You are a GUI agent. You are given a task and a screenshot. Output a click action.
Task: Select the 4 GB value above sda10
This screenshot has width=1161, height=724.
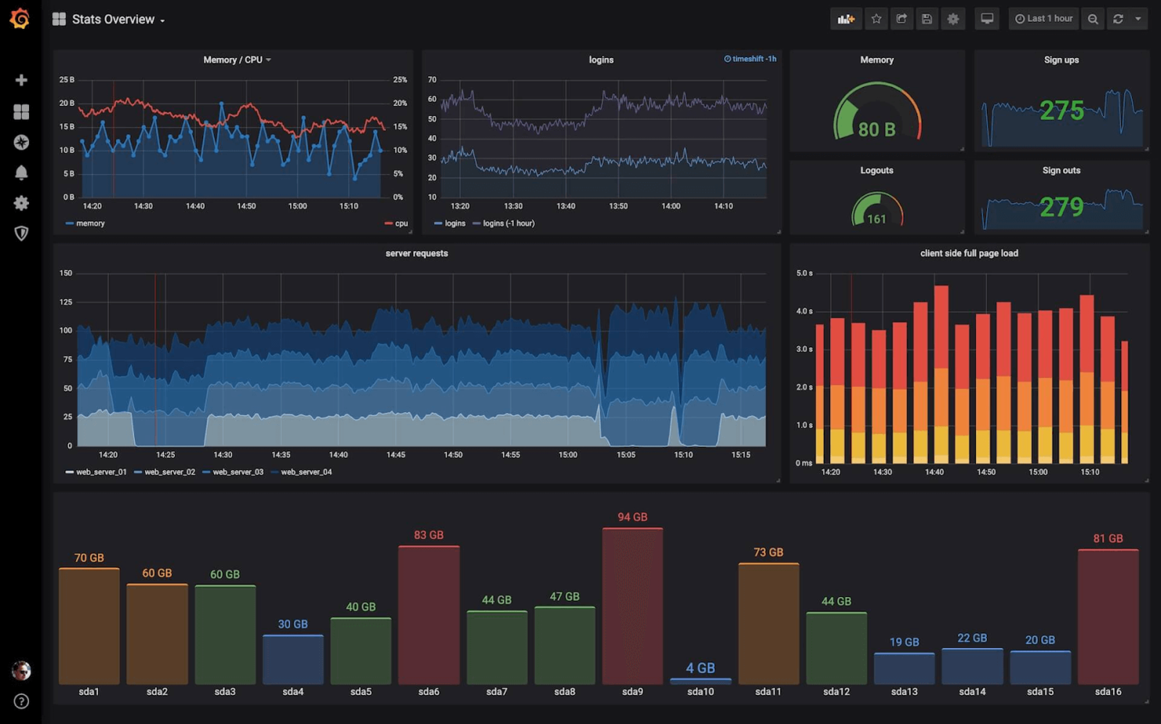(x=700, y=668)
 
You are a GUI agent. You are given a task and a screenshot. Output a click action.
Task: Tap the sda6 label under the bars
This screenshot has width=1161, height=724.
(x=428, y=692)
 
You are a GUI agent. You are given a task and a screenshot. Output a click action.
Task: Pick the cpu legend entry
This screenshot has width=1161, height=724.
(x=401, y=224)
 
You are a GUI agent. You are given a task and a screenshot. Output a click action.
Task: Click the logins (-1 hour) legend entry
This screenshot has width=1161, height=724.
(x=508, y=224)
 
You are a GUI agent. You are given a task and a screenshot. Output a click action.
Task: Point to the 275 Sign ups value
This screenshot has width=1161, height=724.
(x=1061, y=111)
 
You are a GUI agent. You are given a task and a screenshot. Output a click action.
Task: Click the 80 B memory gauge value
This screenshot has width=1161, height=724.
(x=876, y=129)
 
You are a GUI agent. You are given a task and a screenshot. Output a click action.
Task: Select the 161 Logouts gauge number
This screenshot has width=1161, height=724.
(x=876, y=219)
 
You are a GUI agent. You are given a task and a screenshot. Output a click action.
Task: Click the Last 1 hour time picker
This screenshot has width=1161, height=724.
(x=1043, y=19)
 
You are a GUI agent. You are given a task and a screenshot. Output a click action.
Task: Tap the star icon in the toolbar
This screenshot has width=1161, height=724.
(x=876, y=19)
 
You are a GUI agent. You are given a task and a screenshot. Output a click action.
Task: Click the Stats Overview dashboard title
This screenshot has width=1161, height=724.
(x=113, y=20)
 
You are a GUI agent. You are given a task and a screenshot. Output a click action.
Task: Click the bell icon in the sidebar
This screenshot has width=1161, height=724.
(x=21, y=173)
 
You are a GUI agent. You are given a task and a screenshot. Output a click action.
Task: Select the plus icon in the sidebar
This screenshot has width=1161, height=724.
(x=21, y=80)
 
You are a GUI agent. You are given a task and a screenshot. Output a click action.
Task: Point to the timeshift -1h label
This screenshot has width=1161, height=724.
(x=751, y=59)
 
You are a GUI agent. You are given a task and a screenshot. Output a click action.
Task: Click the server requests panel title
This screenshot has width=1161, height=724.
(x=417, y=253)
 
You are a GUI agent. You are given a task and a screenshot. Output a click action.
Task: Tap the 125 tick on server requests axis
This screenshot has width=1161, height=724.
(x=66, y=302)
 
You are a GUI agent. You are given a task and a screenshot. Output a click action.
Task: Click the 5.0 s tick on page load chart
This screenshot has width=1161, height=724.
(x=804, y=274)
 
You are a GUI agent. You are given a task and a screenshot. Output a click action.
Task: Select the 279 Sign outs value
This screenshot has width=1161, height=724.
(x=1061, y=207)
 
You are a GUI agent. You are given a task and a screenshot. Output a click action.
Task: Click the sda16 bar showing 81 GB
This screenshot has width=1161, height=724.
(x=1108, y=617)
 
